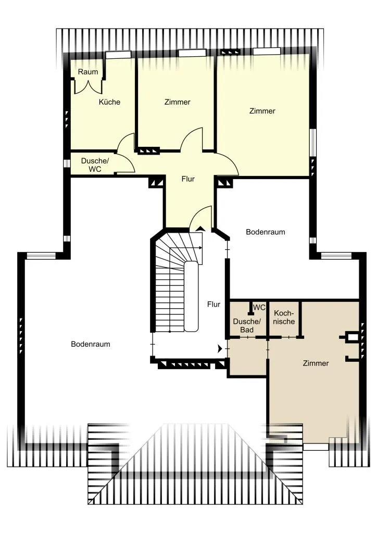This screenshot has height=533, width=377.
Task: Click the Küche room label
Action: (109, 102)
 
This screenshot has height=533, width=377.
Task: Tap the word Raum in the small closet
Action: (88, 72)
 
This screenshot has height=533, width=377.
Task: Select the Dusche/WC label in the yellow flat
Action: (95, 165)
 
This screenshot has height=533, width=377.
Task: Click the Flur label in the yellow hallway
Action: (188, 179)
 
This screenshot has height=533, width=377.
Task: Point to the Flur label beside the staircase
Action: (214, 304)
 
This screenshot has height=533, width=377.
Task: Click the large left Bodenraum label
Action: (91, 344)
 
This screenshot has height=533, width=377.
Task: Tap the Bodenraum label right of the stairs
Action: (266, 232)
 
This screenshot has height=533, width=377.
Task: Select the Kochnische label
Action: (284, 317)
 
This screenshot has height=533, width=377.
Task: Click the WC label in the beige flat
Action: (259, 307)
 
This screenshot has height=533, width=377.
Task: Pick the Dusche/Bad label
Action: (247, 326)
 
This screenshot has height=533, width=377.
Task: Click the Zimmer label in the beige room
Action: (316, 363)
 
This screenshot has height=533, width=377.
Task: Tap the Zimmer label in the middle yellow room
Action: (177, 102)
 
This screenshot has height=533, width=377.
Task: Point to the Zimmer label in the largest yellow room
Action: (262, 111)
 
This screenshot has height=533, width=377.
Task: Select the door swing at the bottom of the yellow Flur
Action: (200, 218)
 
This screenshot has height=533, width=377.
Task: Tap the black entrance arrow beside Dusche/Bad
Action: (220, 349)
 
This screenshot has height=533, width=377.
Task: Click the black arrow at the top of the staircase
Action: (200, 229)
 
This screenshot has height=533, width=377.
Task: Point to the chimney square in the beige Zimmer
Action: (353, 337)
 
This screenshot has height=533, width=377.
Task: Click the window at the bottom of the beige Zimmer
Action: (316, 447)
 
